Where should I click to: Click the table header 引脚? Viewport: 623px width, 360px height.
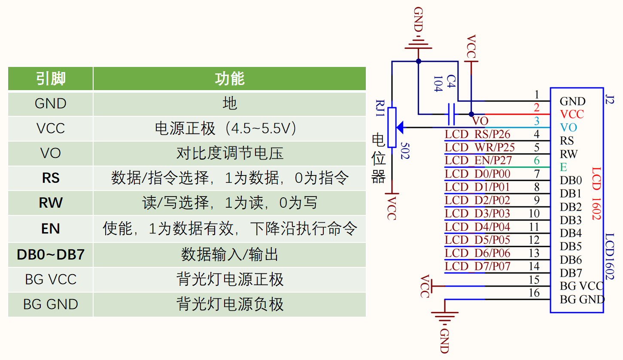[51, 79]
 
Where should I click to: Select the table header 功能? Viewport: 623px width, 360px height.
[229, 79]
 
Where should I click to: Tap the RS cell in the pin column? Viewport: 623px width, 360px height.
[51, 178]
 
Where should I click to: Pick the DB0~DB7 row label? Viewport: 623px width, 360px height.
[51, 254]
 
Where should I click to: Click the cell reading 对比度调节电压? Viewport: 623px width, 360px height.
[229, 153]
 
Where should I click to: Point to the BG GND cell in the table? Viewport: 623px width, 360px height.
[51, 304]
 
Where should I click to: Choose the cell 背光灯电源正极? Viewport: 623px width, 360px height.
[229, 279]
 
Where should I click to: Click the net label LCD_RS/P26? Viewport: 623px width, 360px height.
[477, 134]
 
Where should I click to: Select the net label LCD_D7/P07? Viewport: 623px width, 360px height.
[477, 266]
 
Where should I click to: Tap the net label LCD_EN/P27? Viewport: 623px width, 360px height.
[477, 160]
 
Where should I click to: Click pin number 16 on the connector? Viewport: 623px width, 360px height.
[534, 293]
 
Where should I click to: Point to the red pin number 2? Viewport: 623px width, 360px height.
[536, 108]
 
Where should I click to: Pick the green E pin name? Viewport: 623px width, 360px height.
[563, 167]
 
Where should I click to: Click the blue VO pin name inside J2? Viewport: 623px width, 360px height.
[568, 127]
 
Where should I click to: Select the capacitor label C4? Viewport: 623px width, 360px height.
[450, 81]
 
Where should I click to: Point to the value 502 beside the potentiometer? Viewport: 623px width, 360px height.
[404, 151]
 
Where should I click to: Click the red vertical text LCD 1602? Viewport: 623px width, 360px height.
[596, 194]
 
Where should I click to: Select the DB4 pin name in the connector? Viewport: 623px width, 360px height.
[571, 233]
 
